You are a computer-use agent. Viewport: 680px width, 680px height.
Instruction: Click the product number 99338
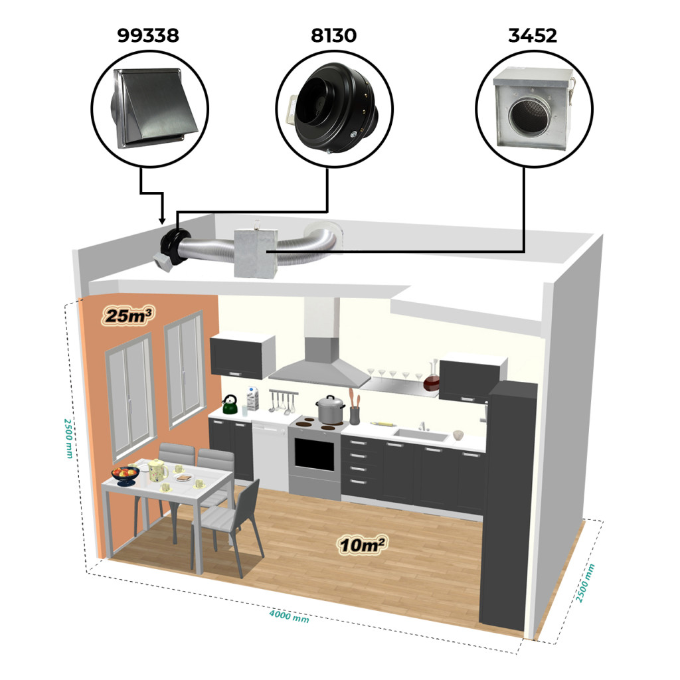point(148,36)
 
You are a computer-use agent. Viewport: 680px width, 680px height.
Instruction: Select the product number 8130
point(333,36)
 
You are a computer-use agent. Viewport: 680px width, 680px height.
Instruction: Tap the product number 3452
point(532,36)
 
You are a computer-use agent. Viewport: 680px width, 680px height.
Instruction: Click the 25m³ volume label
point(128,315)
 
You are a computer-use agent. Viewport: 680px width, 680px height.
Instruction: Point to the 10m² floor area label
point(363,545)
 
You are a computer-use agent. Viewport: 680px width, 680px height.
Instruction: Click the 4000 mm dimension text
point(289,616)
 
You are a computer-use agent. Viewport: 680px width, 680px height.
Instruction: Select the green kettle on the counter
point(229,404)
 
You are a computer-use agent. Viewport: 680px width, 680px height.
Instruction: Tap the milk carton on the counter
point(253,398)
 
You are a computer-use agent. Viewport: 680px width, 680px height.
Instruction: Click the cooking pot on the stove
point(331,409)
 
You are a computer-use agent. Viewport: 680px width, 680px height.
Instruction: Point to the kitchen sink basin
point(420,435)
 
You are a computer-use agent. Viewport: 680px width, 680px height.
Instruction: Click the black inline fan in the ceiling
point(174,247)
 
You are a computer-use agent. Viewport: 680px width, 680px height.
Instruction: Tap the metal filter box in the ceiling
point(255,253)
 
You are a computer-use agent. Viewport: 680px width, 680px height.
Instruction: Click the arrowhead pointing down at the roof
point(162,220)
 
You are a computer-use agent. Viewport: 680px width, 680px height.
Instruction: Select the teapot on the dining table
point(158,470)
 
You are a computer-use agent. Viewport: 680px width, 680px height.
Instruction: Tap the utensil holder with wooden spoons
point(355,410)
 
